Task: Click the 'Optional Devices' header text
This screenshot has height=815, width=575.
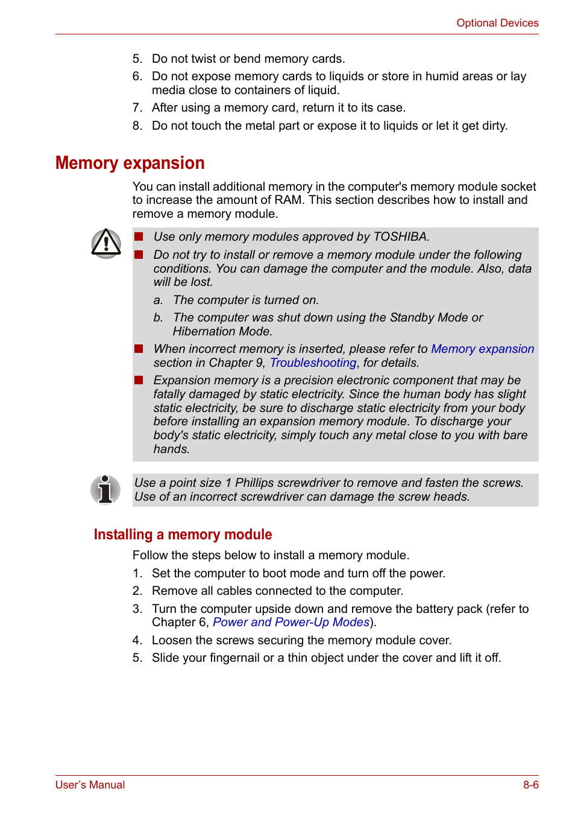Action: click(x=497, y=23)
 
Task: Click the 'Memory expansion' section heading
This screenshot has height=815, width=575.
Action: click(x=130, y=163)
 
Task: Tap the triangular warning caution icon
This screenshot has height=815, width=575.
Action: click(x=106, y=244)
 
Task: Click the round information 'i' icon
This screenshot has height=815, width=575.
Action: click(x=105, y=489)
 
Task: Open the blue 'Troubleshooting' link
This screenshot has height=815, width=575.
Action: click(x=313, y=363)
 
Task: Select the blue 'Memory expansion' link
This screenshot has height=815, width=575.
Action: click(x=482, y=349)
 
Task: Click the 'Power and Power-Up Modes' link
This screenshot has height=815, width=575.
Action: click(x=291, y=622)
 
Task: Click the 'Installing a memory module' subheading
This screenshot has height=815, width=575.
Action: click(x=183, y=534)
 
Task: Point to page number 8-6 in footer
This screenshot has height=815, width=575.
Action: click(x=530, y=785)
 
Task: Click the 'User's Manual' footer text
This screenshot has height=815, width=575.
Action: click(x=90, y=785)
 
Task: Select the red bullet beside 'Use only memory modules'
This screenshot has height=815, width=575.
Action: click(x=139, y=236)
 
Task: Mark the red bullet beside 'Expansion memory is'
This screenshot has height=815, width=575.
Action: click(x=139, y=380)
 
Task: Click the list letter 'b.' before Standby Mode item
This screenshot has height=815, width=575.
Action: click(x=158, y=317)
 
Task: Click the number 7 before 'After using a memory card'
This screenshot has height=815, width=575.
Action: click(x=137, y=107)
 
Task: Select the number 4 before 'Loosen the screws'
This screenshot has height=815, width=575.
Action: click(x=137, y=640)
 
